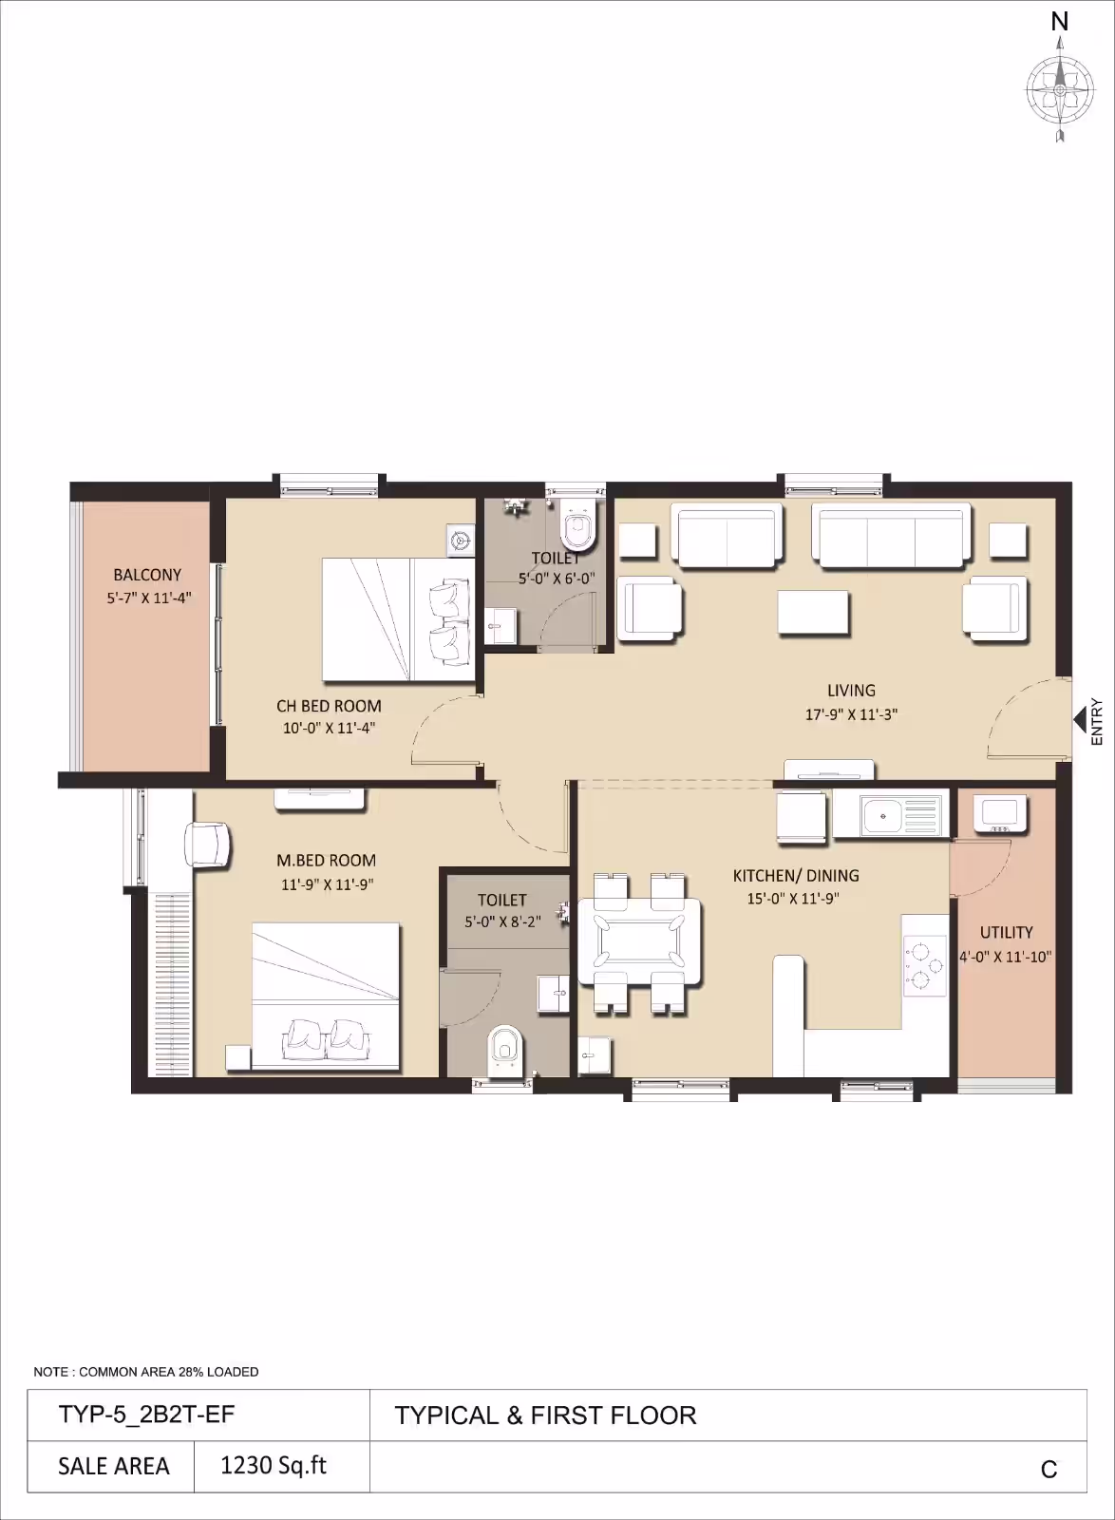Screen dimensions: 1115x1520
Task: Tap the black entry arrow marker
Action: click(1080, 719)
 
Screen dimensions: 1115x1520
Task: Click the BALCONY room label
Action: click(147, 575)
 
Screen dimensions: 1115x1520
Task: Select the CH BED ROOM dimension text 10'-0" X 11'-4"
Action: click(329, 728)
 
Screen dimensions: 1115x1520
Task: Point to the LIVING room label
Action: click(851, 690)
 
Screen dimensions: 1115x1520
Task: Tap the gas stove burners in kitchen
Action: click(925, 965)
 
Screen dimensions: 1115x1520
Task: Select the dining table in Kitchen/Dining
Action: click(639, 940)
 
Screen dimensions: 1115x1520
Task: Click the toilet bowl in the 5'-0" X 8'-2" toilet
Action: click(504, 1051)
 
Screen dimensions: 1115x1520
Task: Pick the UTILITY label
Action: click(1006, 932)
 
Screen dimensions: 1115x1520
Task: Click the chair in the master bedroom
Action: click(208, 844)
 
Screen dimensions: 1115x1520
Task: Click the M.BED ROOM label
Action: click(326, 861)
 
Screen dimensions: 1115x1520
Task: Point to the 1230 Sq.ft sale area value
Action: click(274, 1465)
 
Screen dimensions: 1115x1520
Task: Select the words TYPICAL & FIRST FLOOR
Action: click(545, 1415)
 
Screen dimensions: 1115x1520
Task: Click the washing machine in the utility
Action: click(999, 813)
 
